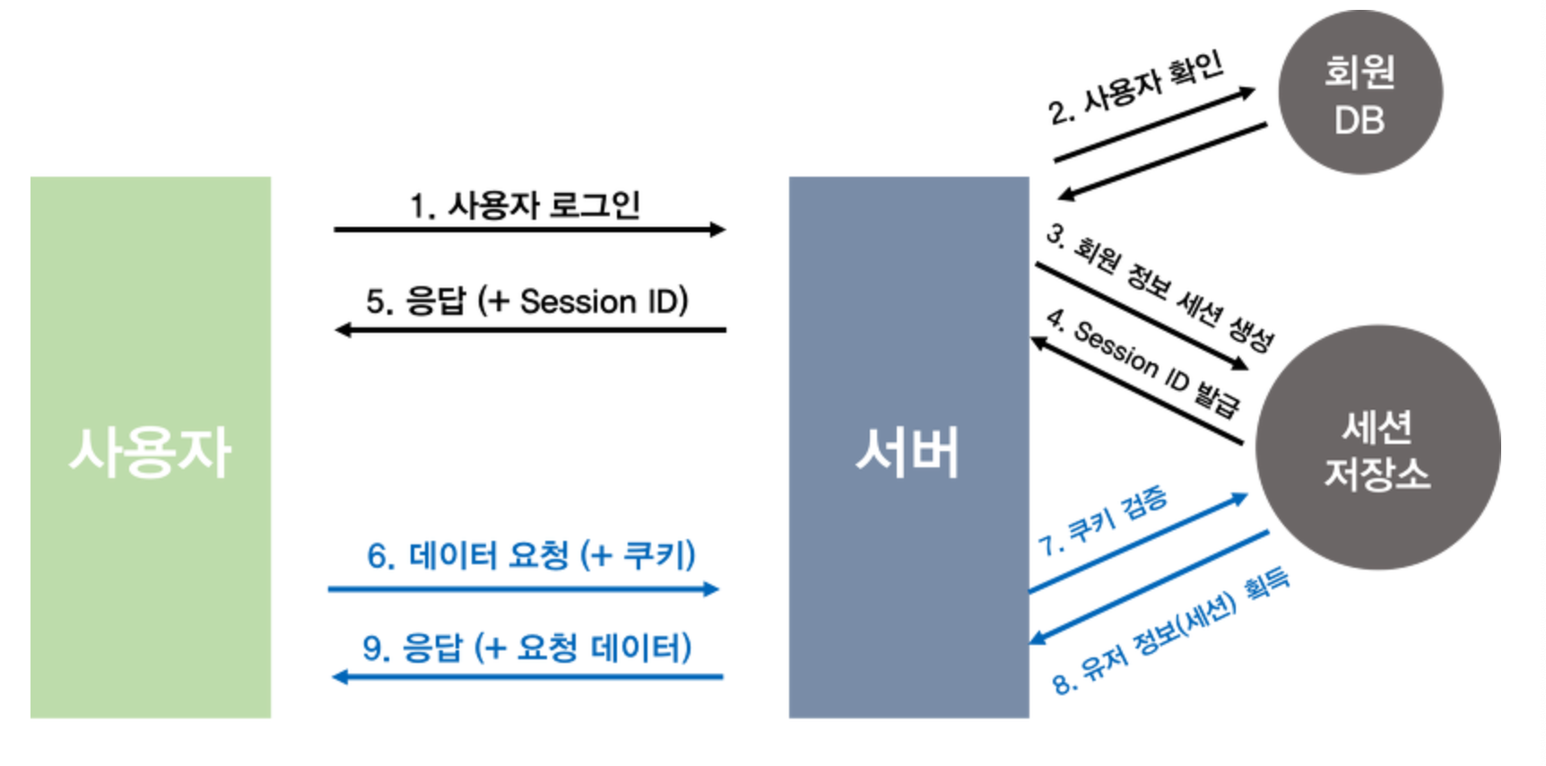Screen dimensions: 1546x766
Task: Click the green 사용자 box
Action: click(151, 447)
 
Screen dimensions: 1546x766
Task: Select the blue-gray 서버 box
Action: click(908, 447)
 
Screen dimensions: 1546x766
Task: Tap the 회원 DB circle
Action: click(1359, 93)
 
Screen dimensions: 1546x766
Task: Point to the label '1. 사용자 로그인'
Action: click(525, 205)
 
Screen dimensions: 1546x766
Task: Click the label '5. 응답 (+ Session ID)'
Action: click(526, 301)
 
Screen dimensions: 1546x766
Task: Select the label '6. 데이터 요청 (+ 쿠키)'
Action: click(531, 555)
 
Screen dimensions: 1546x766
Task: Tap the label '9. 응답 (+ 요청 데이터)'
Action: click(526, 647)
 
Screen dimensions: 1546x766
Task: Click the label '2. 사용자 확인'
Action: click(1135, 87)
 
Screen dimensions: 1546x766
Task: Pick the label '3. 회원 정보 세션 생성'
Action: click(1160, 286)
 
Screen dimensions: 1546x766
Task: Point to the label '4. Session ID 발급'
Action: click(1142, 362)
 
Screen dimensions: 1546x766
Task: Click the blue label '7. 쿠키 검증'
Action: click(1102, 520)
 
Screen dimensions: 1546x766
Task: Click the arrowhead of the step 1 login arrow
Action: click(717, 230)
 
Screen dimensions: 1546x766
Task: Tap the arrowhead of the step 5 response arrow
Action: click(343, 330)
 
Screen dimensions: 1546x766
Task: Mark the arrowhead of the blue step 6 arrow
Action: click(711, 589)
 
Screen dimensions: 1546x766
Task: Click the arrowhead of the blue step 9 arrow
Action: click(340, 676)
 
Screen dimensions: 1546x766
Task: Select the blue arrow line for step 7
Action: click(1137, 545)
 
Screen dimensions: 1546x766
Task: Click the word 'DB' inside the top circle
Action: click(1359, 120)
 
